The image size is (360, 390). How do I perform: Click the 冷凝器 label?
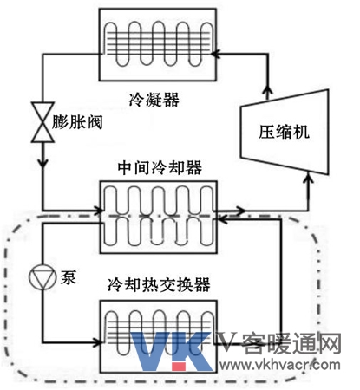click(154, 100)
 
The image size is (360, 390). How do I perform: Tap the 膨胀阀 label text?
click(77, 122)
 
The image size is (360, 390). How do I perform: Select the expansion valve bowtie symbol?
click(43, 122)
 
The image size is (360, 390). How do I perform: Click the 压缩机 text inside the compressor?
click(284, 132)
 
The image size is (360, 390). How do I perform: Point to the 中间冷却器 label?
click(160, 167)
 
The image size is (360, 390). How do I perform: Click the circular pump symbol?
click(43, 276)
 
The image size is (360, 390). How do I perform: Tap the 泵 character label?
click(69, 277)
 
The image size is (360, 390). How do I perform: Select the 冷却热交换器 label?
click(159, 285)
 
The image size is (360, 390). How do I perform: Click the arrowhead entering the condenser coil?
click(215, 54)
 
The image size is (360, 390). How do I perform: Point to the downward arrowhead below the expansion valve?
click(43, 162)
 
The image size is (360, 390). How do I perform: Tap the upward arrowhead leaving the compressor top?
click(268, 92)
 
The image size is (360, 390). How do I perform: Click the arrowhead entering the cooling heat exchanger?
click(97, 343)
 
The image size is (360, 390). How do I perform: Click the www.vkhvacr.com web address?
click(279, 365)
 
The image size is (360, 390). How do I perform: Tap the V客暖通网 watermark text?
click(279, 344)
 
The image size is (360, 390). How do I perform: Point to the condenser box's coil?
click(158, 44)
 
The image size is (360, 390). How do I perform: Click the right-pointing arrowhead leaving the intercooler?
click(240, 211)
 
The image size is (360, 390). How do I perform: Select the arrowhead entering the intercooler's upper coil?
click(99, 211)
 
